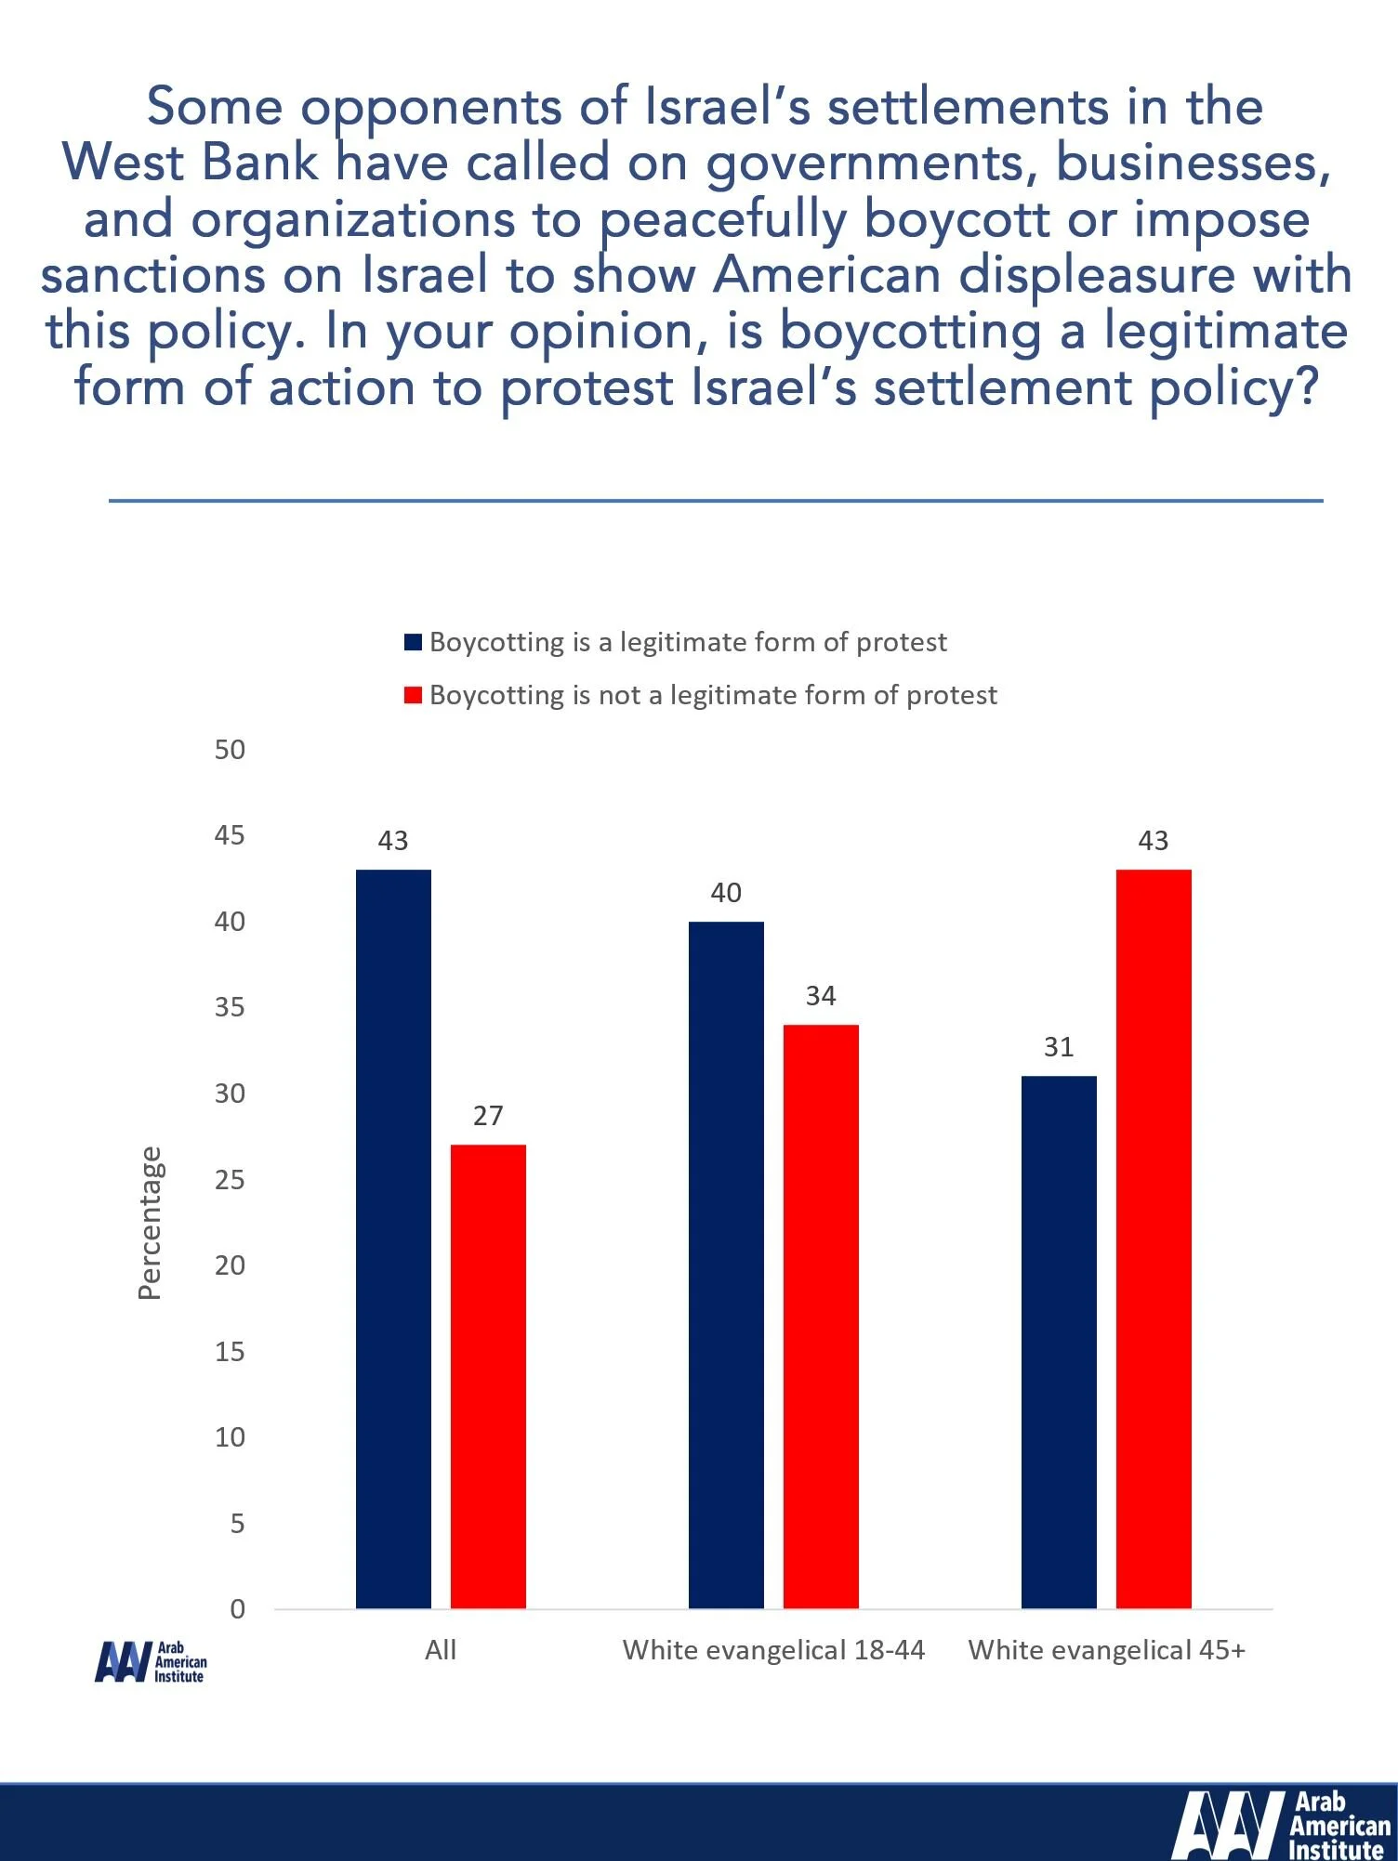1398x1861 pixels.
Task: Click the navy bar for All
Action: coord(393,1238)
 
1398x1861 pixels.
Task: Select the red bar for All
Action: coord(488,1375)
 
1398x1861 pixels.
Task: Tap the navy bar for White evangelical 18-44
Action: coord(726,1264)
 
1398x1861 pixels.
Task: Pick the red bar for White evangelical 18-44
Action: coord(821,1316)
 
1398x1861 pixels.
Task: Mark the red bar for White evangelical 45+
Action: coord(1154,1238)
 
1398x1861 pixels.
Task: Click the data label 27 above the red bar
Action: coord(488,1116)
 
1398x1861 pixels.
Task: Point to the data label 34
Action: coord(821,996)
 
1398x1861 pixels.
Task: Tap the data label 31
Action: coord(1059,1047)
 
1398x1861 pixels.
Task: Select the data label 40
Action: coord(726,893)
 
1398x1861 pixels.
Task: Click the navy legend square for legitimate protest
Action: coord(414,642)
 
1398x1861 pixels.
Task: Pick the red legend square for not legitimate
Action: coord(414,695)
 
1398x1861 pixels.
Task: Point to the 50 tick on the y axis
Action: coord(230,750)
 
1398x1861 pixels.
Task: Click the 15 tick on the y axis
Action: coord(230,1352)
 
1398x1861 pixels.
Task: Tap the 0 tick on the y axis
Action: coord(237,1609)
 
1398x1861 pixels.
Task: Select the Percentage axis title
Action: coord(150,1223)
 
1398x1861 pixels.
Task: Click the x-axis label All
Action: coord(441,1650)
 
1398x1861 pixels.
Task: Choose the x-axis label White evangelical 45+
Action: coord(1106,1650)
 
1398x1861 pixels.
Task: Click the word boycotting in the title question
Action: coord(911,332)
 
